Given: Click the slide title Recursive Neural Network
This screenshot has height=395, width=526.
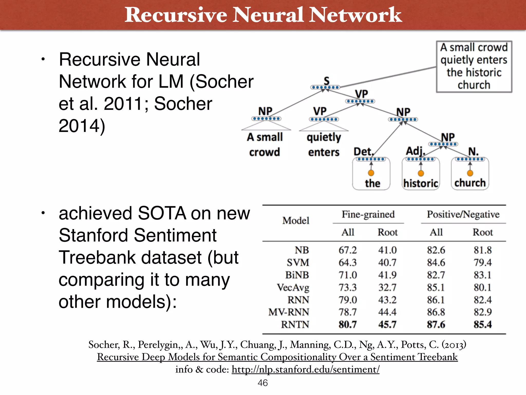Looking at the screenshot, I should click(263, 15).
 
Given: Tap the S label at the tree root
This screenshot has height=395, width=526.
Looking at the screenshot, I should click(326, 81).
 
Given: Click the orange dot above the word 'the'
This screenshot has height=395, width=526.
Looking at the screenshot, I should click(371, 173).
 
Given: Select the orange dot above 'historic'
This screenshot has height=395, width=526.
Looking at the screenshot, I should click(421, 173).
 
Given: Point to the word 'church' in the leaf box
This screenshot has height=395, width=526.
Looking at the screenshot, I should click(470, 183).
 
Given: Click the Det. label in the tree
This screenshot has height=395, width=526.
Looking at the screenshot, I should click(363, 152).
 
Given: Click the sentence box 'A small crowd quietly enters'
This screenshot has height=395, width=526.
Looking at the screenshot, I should click(474, 66).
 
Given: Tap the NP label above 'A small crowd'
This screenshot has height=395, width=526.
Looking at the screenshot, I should click(265, 111).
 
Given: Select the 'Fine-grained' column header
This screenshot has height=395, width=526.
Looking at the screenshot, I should click(368, 214).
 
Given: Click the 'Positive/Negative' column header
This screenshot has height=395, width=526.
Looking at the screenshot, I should click(463, 214).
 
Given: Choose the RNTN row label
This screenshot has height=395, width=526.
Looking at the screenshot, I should click(295, 325).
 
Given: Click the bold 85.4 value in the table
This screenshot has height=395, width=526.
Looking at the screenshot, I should click(483, 325).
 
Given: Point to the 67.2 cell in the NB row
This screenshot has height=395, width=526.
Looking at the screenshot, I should click(347, 250).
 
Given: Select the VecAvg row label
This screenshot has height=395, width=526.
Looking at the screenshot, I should click(293, 288).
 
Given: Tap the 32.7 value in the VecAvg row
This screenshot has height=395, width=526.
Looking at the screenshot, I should click(387, 287).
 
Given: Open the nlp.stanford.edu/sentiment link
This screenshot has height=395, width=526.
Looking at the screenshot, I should click(305, 369).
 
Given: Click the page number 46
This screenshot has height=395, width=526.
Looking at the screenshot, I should click(262, 383).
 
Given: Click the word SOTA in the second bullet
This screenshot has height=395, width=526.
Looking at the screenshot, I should click(162, 213).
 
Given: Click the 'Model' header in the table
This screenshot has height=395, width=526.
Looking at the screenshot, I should click(296, 221).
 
